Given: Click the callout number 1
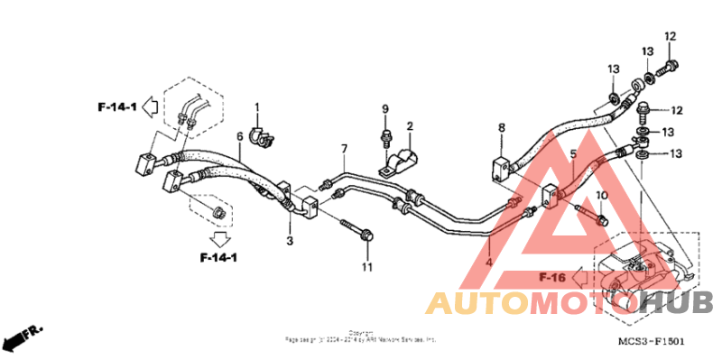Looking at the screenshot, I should pos(256,108).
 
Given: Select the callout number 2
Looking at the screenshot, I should pos(409,126).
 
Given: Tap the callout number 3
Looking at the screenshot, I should pos(290,241).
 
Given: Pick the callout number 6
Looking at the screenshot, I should pos(240,136).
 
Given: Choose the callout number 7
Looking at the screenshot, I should pos(344,147).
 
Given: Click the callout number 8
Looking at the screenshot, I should pos(502,129).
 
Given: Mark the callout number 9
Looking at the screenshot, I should pos(384,109).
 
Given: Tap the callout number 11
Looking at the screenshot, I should pos(366,267).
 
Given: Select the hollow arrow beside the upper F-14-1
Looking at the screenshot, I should pos(152,108).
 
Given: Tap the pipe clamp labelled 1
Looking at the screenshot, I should pos(261,137).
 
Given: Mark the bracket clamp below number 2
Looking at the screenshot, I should pos(397,162).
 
